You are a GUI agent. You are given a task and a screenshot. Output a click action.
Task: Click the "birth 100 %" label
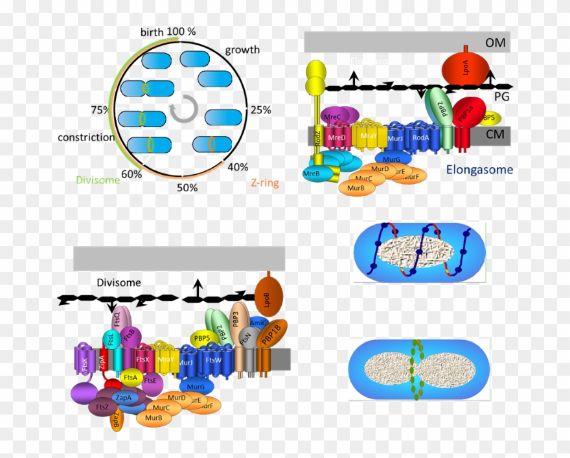[168, 32]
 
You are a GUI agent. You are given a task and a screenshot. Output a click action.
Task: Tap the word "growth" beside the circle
[242, 50]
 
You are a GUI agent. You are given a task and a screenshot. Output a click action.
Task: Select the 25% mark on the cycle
[260, 109]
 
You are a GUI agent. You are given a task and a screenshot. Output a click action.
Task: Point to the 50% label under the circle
[187, 188]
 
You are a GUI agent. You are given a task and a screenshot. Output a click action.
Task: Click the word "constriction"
[82, 137]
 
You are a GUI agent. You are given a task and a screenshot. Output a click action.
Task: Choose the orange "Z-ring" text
[264, 183]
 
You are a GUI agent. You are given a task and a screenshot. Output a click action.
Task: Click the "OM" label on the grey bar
[496, 43]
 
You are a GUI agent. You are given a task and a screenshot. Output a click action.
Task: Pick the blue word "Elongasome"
[479, 170]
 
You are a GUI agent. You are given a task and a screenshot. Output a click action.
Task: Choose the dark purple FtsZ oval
[102, 407]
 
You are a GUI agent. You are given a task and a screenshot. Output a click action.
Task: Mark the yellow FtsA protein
[131, 377]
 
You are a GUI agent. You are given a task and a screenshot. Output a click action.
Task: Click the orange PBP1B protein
[270, 334]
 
